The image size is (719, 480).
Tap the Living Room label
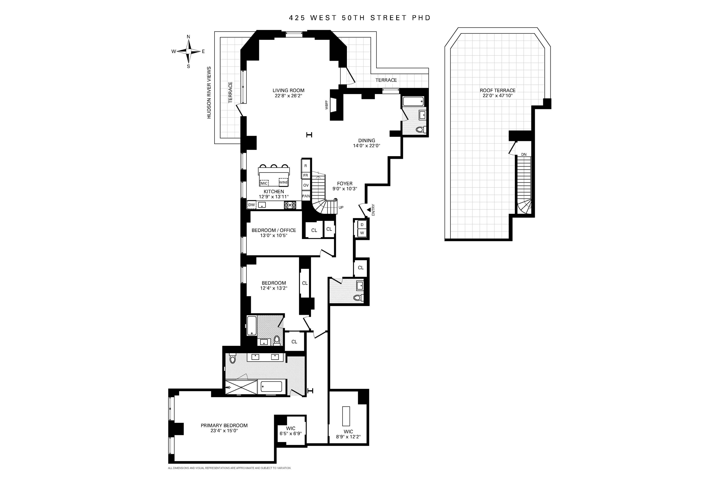click(288, 90)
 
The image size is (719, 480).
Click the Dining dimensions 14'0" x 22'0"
click(366, 146)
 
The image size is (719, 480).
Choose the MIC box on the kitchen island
click(264, 183)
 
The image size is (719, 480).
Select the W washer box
click(362, 233)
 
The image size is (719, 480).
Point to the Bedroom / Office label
click(274, 230)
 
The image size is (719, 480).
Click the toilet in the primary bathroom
click(233, 358)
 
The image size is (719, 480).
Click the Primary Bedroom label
click(224, 425)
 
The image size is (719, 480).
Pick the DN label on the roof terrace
click(524, 155)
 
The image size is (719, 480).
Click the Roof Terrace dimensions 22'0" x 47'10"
click(497, 96)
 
